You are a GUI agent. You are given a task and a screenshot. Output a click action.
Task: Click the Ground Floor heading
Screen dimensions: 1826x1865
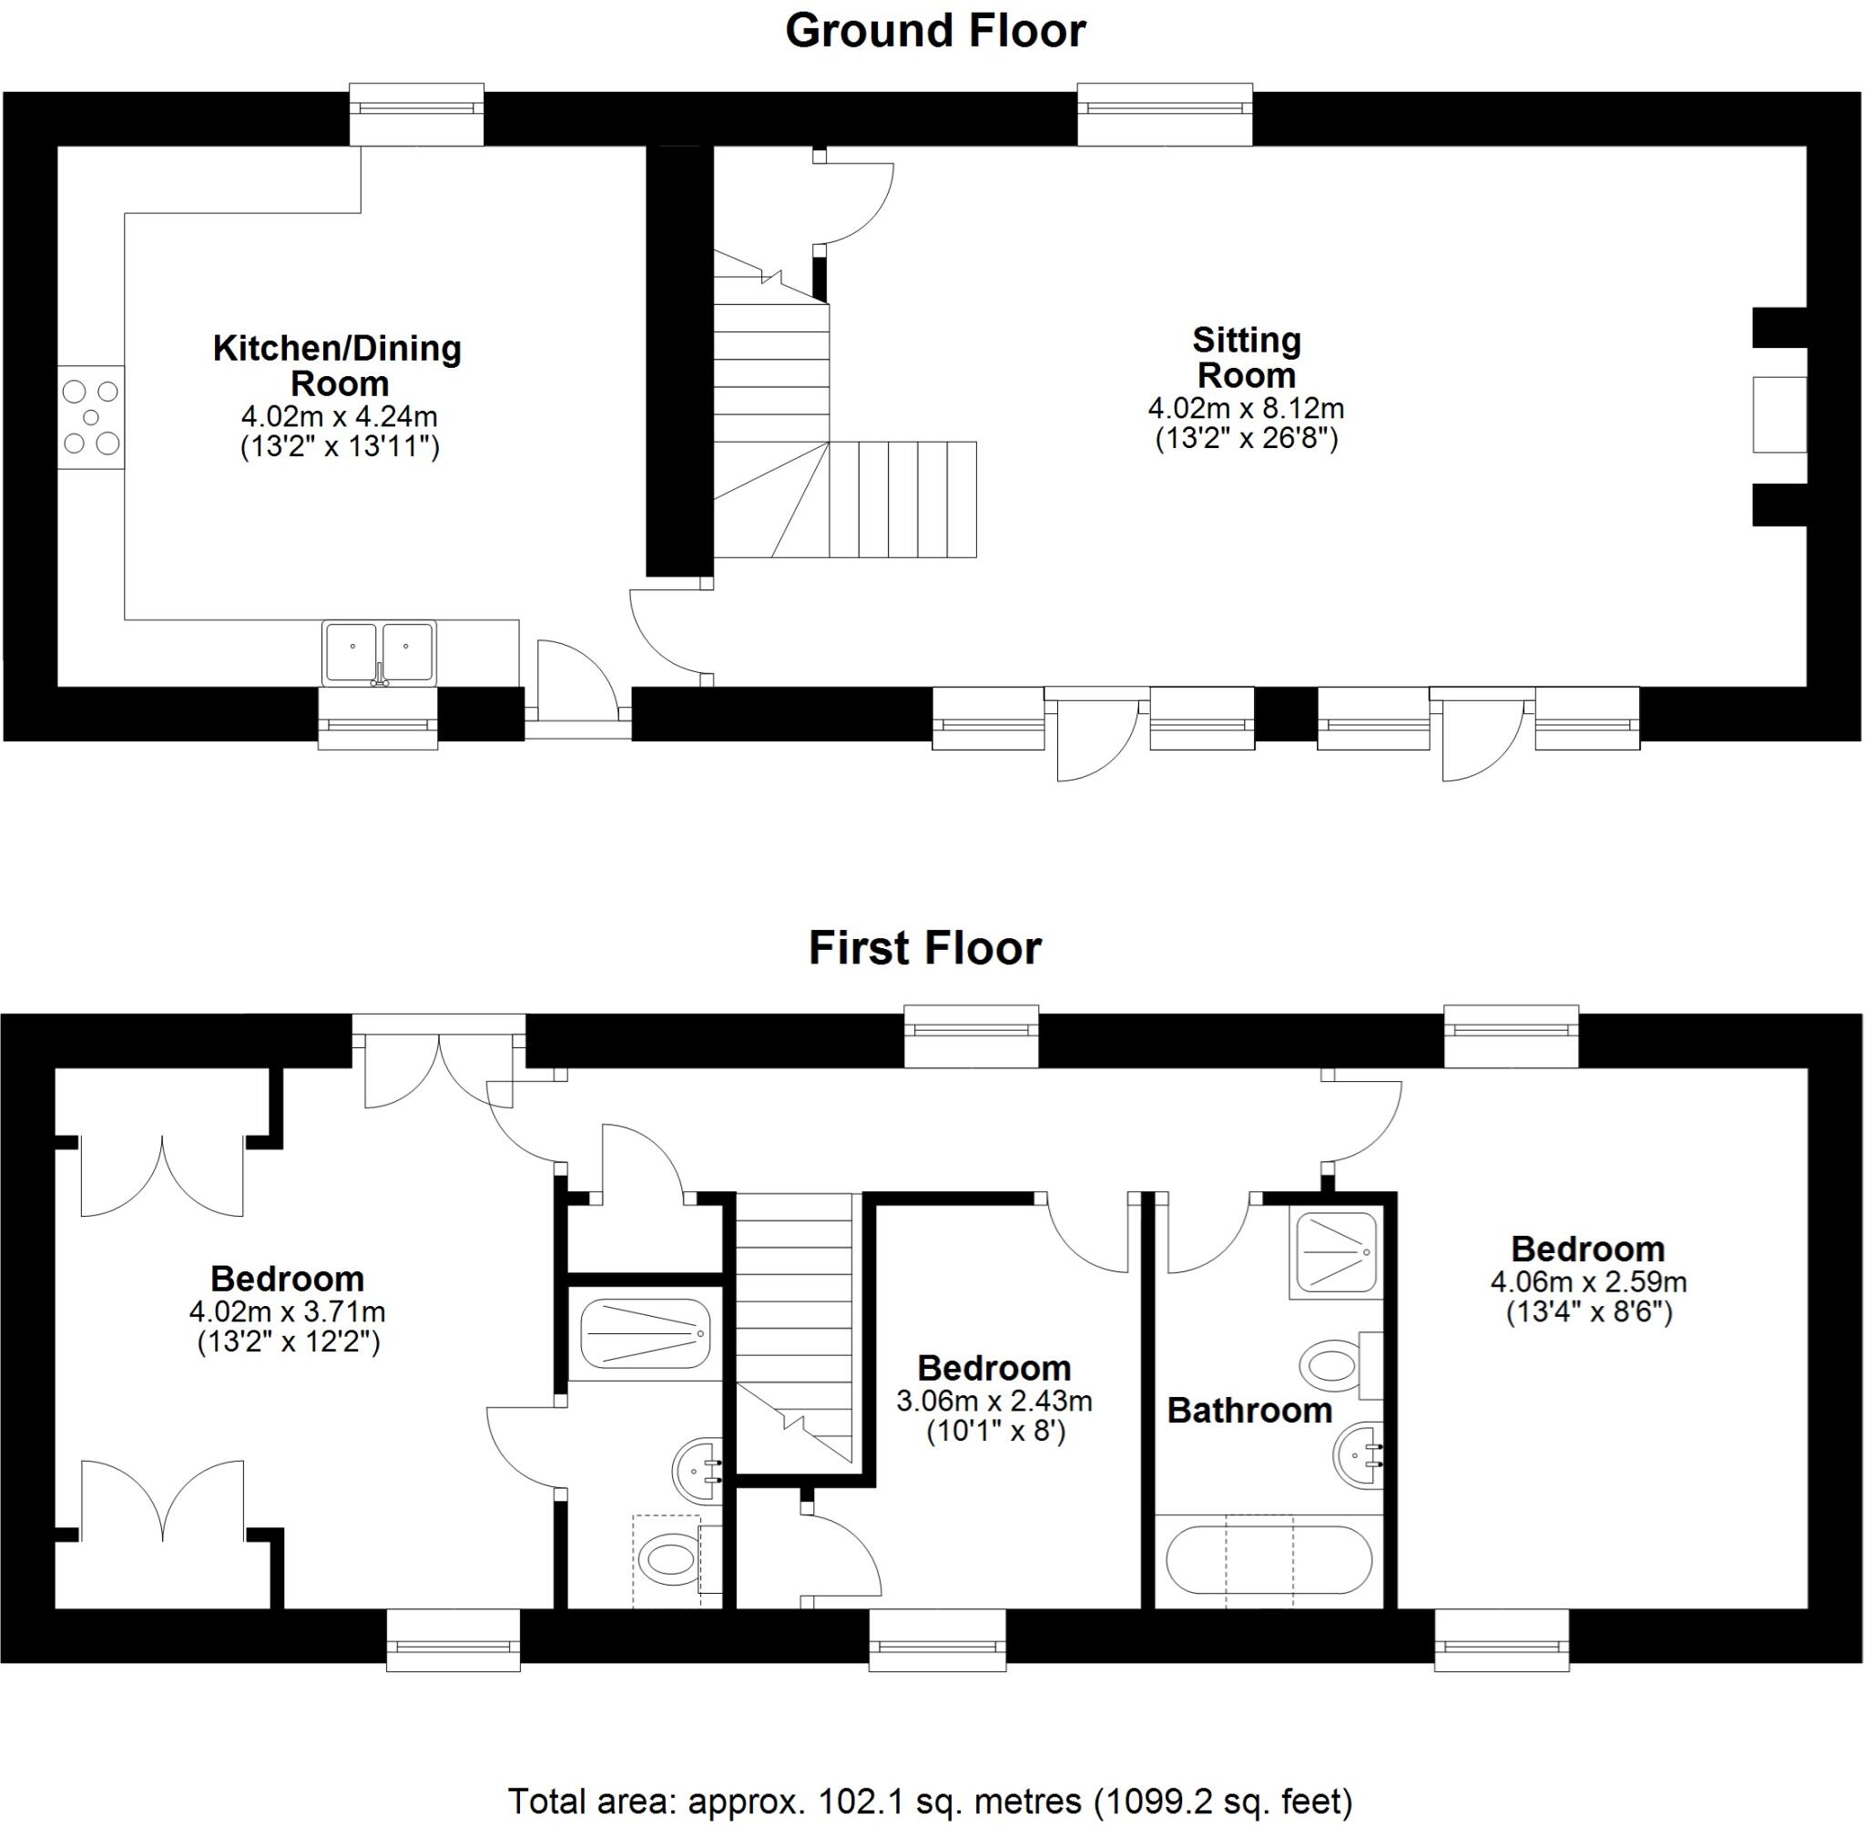point(935,31)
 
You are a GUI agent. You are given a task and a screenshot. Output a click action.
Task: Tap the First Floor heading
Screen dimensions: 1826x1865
point(924,948)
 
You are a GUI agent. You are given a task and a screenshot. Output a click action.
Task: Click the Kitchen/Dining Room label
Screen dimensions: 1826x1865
point(338,365)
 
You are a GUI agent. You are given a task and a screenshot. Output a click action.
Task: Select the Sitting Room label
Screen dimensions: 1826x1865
point(1246,357)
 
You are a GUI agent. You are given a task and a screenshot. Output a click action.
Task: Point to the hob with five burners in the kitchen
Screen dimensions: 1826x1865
point(91,417)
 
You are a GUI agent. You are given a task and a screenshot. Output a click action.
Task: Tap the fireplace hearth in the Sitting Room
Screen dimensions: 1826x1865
point(1778,415)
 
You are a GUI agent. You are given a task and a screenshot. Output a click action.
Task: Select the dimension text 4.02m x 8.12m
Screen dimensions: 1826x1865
point(1246,409)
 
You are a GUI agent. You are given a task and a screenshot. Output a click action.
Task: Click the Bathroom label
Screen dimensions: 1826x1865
point(1249,1411)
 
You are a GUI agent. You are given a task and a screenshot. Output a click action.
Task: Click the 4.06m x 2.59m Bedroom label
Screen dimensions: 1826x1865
point(1588,1250)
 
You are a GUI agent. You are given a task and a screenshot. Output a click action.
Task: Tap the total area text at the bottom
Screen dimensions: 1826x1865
point(930,1801)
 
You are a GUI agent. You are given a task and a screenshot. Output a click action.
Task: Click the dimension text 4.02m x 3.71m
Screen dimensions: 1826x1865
point(288,1311)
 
